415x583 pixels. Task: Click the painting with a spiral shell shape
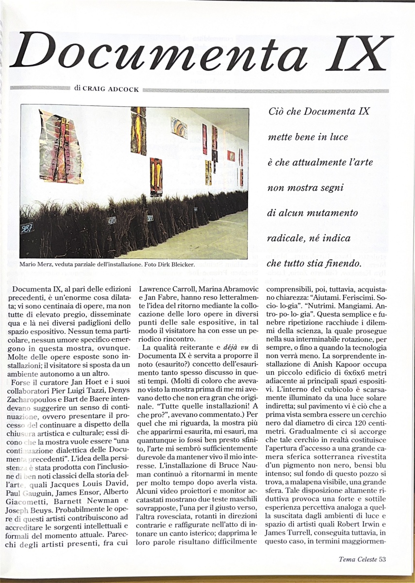179,127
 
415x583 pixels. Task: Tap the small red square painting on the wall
231,156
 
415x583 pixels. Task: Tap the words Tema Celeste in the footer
357,559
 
